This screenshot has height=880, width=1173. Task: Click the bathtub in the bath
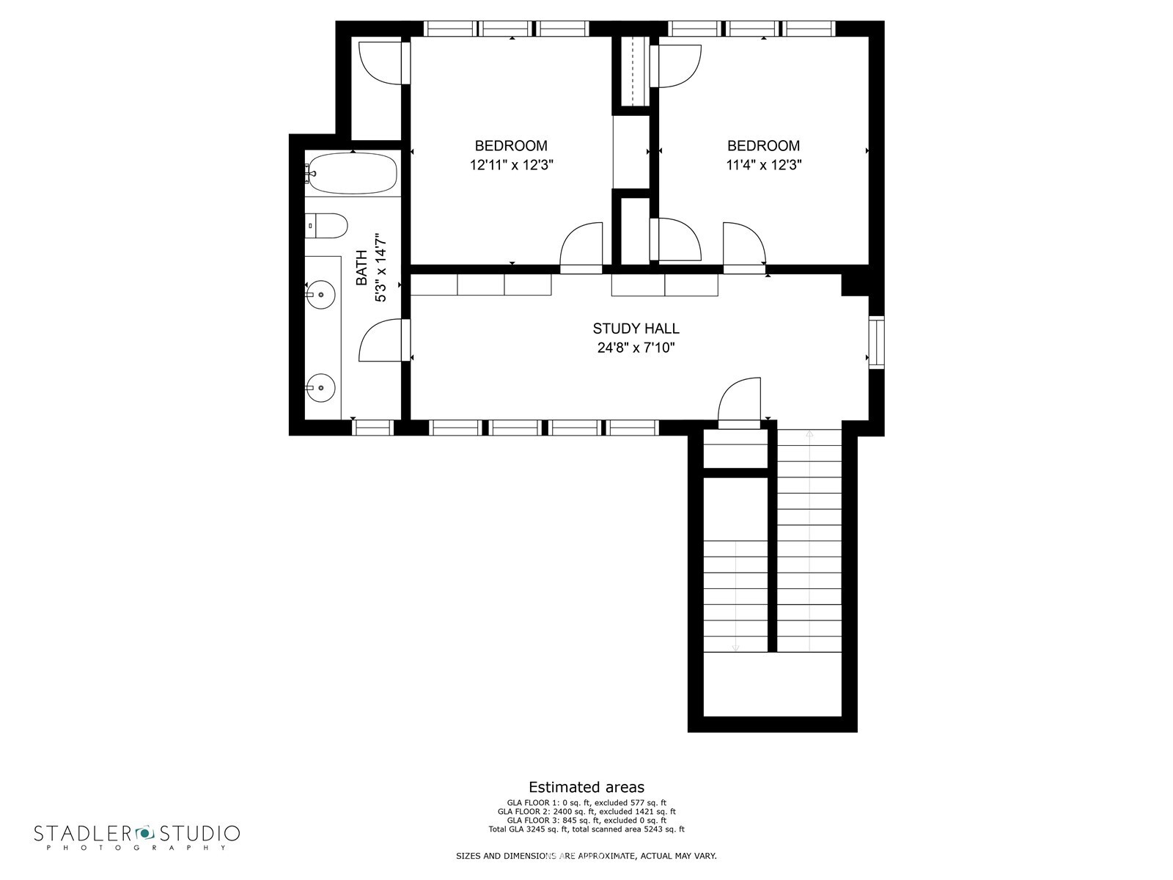click(x=353, y=174)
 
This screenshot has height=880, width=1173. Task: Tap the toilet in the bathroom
click(x=326, y=225)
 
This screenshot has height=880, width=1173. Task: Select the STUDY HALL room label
click(x=636, y=328)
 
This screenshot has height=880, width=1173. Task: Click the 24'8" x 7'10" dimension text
click(x=636, y=348)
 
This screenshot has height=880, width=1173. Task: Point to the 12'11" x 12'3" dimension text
click(x=512, y=165)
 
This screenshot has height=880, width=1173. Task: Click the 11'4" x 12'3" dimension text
click(x=764, y=165)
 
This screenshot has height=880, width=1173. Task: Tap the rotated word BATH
click(x=361, y=268)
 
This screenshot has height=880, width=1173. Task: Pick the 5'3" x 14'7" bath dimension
click(x=380, y=268)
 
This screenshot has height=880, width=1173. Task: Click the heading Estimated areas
click(x=586, y=787)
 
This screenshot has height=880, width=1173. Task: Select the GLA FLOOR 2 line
click(x=586, y=811)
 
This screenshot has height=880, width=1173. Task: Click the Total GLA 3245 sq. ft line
click(x=586, y=829)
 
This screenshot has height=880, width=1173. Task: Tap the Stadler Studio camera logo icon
click(x=144, y=832)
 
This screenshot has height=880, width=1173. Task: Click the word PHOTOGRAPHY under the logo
click(x=137, y=848)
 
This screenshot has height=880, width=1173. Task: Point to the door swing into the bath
click(x=380, y=340)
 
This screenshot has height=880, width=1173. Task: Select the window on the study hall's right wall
click(x=876, y=342)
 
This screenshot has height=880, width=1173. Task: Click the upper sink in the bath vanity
click(x=320, y=294)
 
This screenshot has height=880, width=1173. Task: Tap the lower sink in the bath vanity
click(x=320, y=388)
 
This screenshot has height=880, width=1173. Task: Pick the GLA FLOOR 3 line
click(x=586, y=820)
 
